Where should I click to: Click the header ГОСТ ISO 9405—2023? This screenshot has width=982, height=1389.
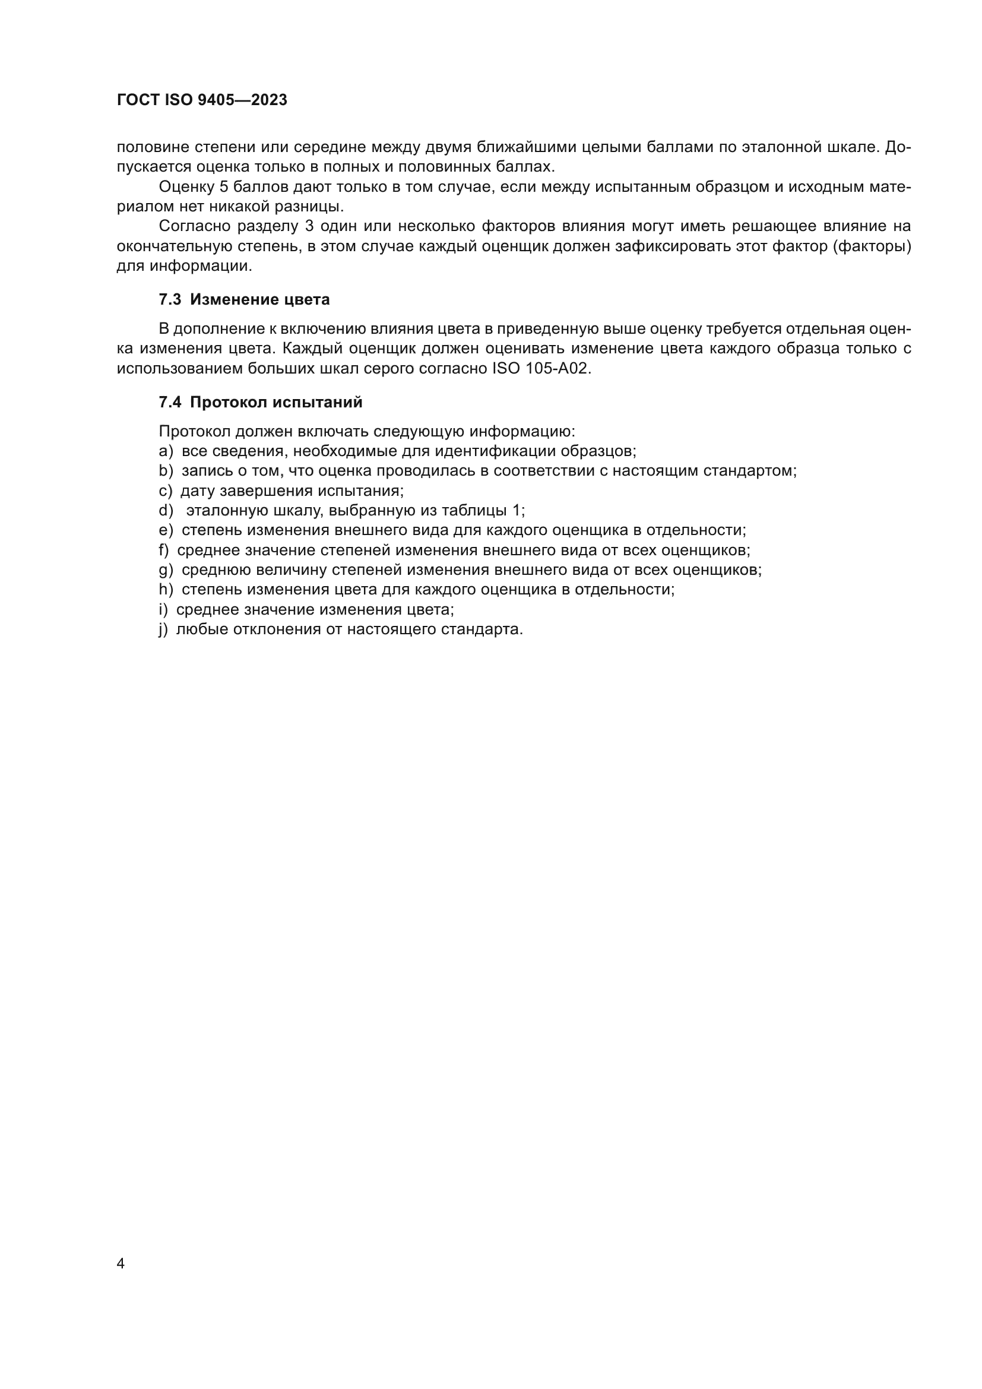(x=202, y=100)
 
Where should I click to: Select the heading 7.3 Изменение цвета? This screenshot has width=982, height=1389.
(x=244, y=299)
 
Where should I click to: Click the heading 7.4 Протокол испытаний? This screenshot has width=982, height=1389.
(x=261, y=402)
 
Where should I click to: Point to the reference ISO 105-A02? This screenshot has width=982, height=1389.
(x=539, y=368)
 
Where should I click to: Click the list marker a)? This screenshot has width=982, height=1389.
(x=166, y=451)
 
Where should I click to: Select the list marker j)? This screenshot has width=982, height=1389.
(x=163, y=629)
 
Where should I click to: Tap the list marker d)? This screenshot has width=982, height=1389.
(x=166, y=511)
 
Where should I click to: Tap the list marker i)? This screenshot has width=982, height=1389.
(x=163, y=610)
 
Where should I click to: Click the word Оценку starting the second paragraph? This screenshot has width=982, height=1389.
(x=186, y=187)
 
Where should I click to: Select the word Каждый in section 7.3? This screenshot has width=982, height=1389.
(x=313, y=349)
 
